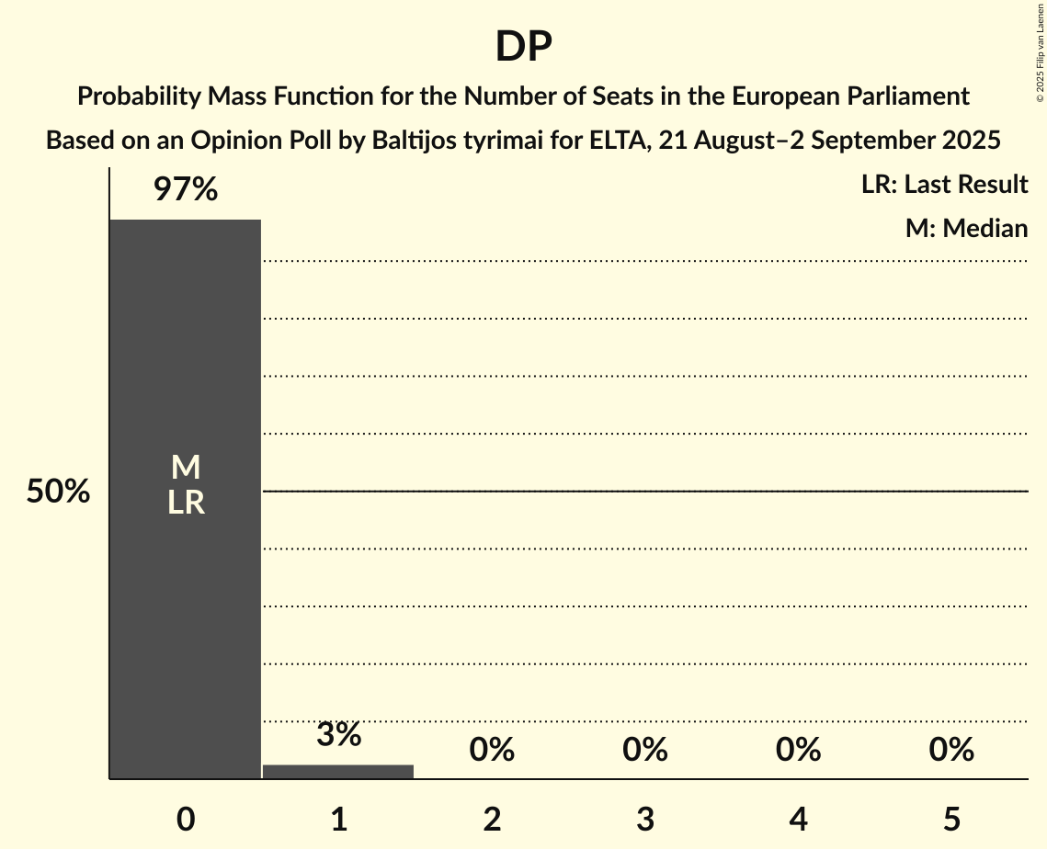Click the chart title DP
pos(523,47)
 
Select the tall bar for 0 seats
pos(186,597)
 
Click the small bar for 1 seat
pos(338,772)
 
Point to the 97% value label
pos(186,190)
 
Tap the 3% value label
pos(338,735)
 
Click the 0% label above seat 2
pos(492,750)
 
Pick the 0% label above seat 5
pos(951,750)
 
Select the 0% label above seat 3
pos(645,750)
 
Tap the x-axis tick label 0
pos(186,819)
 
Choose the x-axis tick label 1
pos(338,819)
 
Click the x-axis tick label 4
pos(798,819)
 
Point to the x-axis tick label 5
pos(951,819)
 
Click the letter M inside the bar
pos(186,468)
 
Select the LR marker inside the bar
pos(186,503)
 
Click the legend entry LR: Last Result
pos(944,185)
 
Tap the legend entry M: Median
pos(966,228)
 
